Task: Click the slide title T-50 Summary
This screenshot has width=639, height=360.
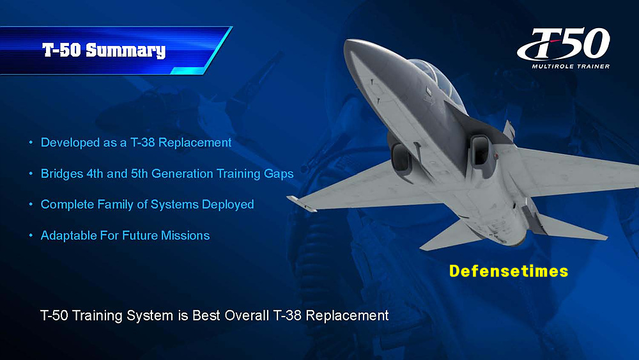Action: (104, 50)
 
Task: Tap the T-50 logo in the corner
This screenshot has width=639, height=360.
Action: (564, 44)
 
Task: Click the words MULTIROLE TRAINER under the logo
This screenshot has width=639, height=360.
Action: (571, 66)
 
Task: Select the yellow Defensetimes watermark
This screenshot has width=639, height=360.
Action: (509, 271)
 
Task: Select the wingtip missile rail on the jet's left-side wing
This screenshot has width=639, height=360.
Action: (302, 203)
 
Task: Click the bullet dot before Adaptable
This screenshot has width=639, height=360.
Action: (31, 235)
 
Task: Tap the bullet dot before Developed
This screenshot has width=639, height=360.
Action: (31, 143)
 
